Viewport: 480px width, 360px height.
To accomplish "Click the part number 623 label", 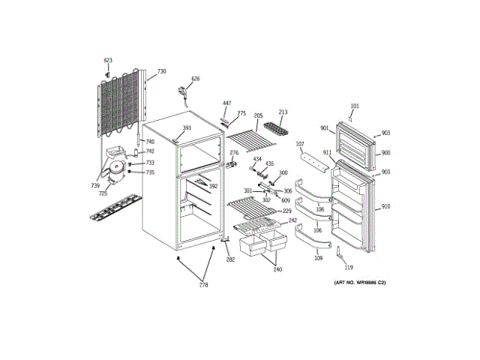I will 108,60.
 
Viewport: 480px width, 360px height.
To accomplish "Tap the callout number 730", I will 162,73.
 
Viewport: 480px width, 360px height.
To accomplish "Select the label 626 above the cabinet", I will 196,79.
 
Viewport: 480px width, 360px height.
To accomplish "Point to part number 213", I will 283,112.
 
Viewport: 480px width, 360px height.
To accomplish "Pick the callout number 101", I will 355,106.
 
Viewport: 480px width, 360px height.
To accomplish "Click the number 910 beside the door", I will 386,206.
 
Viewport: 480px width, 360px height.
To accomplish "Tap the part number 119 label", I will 348,267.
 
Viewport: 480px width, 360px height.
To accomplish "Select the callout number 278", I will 203,284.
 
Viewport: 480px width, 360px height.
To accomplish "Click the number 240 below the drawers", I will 277,269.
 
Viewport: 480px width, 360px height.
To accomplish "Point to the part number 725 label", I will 103,194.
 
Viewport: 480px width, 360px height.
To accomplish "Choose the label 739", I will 95,185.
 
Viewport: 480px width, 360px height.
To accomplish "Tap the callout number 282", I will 230,259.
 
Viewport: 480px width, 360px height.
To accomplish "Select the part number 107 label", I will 299,144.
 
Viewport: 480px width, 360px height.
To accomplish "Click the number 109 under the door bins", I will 318,258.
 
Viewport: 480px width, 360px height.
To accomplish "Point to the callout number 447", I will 226,103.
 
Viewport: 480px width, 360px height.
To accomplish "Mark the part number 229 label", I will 286,211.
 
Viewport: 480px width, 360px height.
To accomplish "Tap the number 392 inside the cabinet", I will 213,187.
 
